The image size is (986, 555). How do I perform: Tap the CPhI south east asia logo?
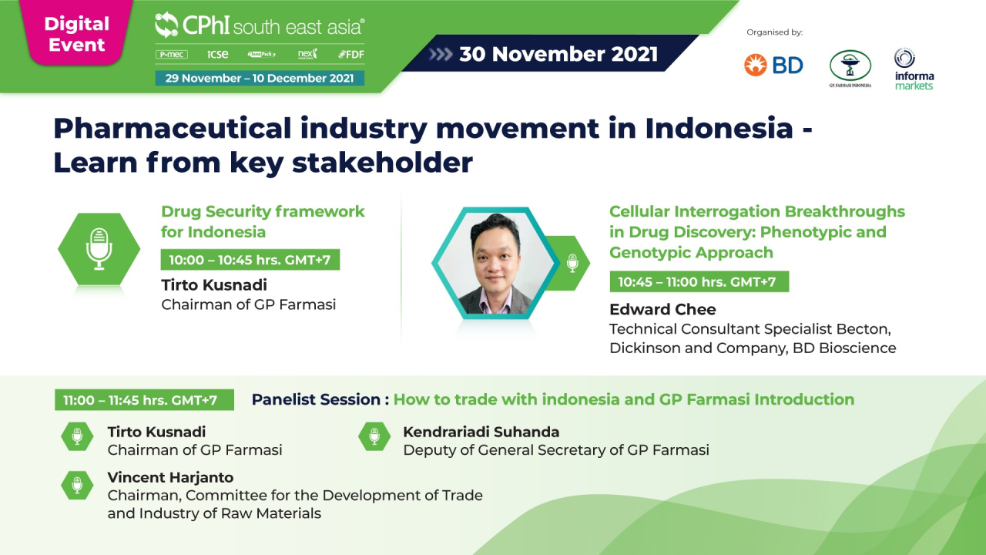point(259,25)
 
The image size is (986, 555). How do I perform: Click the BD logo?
point(773,65)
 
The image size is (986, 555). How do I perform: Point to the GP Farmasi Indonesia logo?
point(850,69)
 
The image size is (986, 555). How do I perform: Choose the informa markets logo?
point(914,69)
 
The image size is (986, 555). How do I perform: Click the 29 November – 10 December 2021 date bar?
point(260,78)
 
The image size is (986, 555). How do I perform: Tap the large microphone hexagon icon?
point(99,248)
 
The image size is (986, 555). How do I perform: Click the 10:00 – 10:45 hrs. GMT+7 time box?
point(250,260)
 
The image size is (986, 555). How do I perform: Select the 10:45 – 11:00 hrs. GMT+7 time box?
point(698,281)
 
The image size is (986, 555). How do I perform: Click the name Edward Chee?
point(662,309)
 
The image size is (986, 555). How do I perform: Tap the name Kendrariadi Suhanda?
point(481,432)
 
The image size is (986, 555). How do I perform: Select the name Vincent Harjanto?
point(170,477)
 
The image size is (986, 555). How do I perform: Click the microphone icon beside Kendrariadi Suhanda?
point(374,437)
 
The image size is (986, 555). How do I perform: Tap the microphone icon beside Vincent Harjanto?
point(77,485)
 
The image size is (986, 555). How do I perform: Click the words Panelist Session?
point(316,399)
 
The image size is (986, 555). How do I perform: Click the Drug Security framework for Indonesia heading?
point(263,221)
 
